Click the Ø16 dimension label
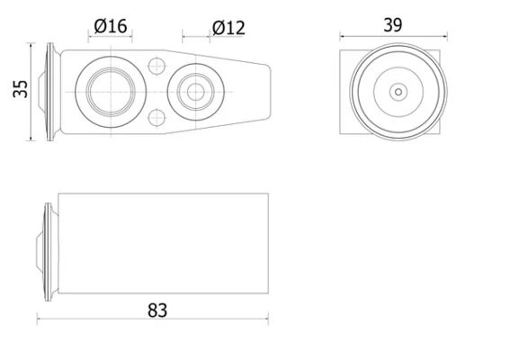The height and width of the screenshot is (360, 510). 111,26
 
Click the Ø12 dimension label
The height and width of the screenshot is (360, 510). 228,28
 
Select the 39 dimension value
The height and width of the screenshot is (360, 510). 393,25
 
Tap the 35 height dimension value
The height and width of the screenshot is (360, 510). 21,89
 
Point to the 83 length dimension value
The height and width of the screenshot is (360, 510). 157,310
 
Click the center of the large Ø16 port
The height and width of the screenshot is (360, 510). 111,92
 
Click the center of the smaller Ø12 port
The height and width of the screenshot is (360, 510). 196,92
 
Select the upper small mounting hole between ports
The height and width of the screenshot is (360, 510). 157,66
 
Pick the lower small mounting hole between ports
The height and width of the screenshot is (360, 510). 157,118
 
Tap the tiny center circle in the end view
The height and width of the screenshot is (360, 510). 398,92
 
